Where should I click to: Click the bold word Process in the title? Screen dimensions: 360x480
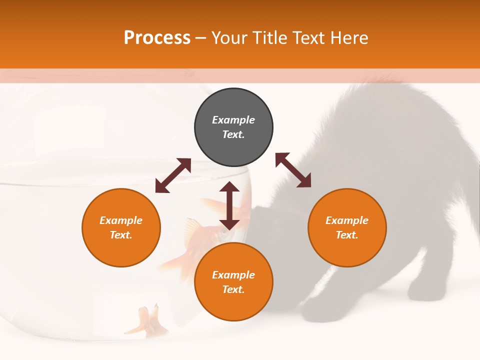pyautogui.click(x=157, y=38)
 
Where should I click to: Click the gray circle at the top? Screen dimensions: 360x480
pyautogui.click(x=233, y=127)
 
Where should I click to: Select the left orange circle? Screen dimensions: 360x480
pyautogui.click(x=121, y=227)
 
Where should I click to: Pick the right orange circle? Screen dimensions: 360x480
pyautogui.click(x=347, y=227)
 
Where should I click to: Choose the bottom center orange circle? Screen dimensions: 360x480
pyautogui.click(x=233, y=282)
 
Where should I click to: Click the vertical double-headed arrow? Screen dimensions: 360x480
pyautogui.click(x=229, y=205)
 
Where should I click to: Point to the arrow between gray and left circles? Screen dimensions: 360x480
pyautogui.click(x=173, y=175)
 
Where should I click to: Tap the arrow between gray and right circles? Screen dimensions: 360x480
pyautogui.click(x=293, y=170)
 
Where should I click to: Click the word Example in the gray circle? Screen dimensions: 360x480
pyautogui.click(x=233, y=120)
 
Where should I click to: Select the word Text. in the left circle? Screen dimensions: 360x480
pyautogui.click(x=121, y=235)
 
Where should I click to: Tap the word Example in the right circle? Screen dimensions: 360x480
pyautogui.click(x=347, y=220)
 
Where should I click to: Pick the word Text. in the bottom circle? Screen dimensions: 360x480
pyautogui.click(x=233, y=289)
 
